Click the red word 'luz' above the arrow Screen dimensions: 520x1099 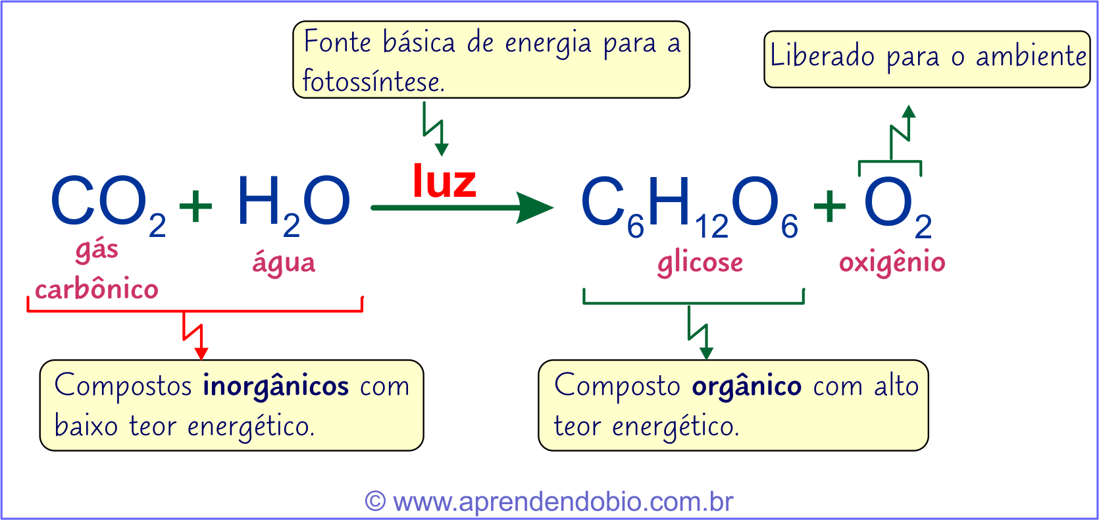click(x=444, y=182)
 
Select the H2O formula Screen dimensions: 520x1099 click(x=293, y=203)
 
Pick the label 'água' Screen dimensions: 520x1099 click(x=284, y=263)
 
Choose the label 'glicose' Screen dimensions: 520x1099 click(x=700, y=263)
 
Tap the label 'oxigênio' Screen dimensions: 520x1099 click(x=892, y=263)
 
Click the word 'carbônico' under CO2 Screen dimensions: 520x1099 click(x=97, y=289)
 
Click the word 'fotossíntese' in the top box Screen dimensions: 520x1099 click(x=373, y=82)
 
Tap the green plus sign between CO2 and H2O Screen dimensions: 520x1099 click(x=195, y=205)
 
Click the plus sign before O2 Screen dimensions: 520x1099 click(x=829, y=205)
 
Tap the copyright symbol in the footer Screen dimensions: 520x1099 click(x=375, y=501)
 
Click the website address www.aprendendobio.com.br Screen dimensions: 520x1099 click(x=563, y=502)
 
